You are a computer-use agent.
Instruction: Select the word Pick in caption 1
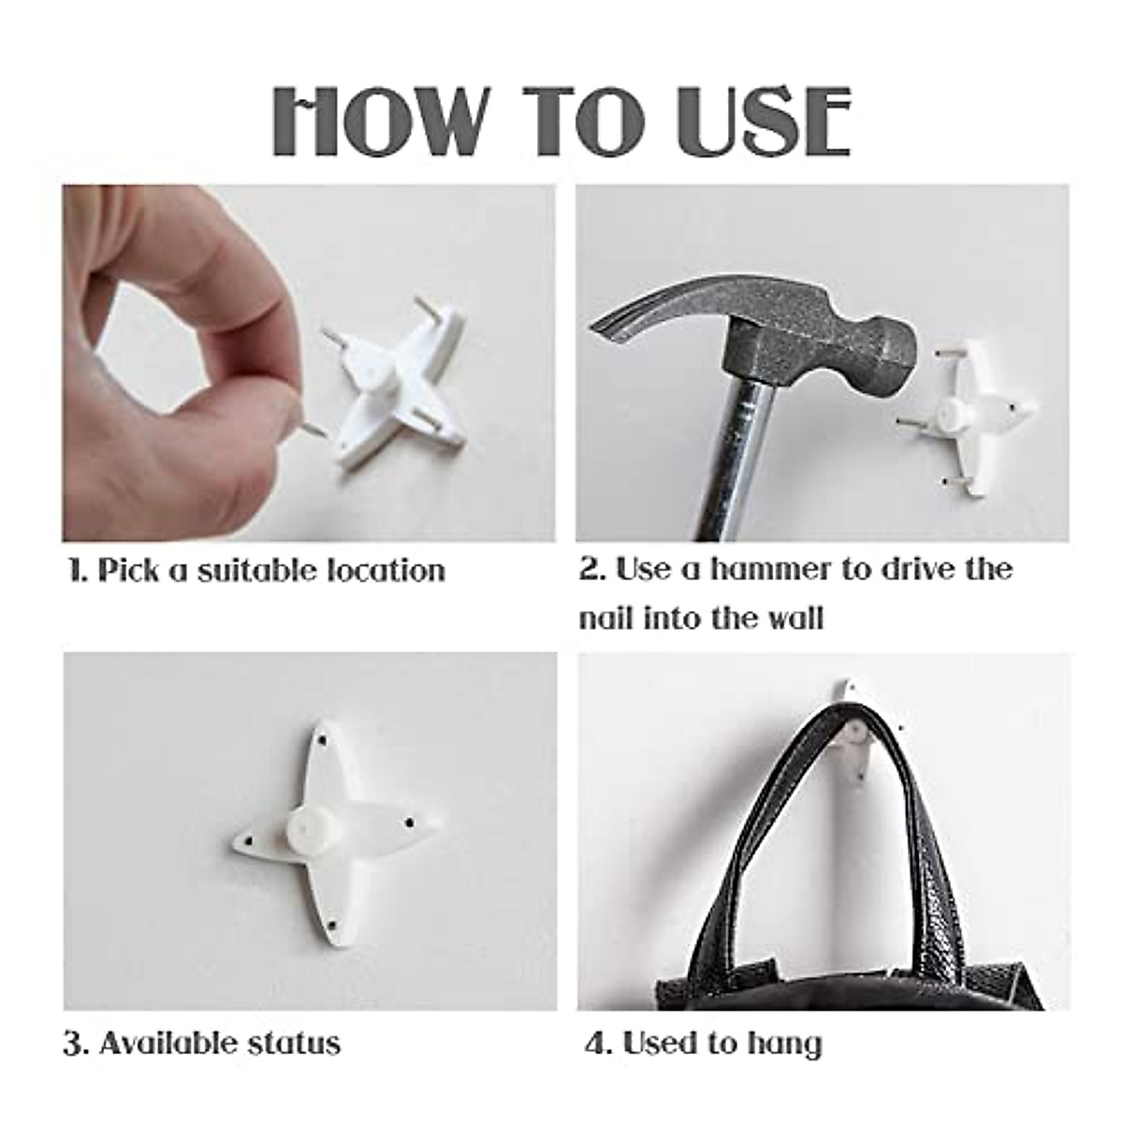pos(128,570)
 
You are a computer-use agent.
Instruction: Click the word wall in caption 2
pos(793,619)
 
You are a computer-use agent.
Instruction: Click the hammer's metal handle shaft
pos(749,449)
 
